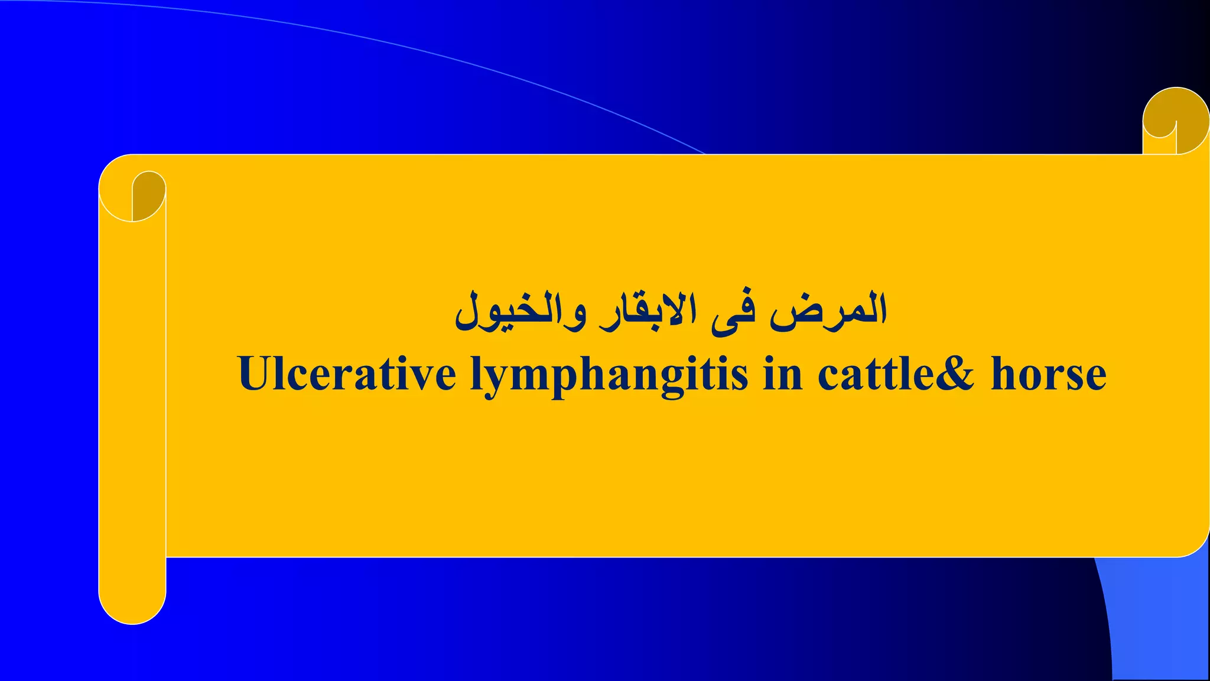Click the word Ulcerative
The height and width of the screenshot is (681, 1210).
347,374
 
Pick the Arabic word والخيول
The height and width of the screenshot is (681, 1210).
520,311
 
